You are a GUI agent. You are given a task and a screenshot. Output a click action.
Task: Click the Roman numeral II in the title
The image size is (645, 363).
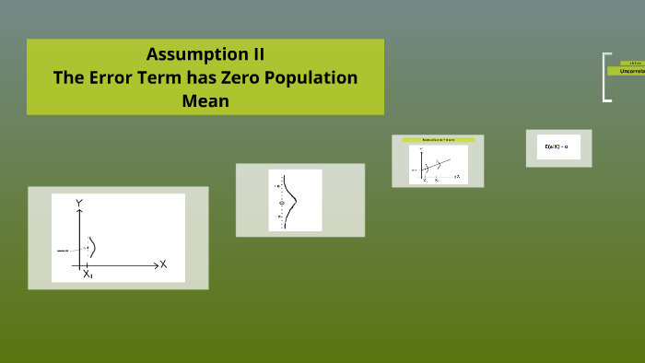253,53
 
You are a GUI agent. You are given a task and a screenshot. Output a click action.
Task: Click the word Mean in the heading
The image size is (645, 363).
205,101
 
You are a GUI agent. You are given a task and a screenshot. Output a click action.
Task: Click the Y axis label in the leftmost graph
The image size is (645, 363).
80,202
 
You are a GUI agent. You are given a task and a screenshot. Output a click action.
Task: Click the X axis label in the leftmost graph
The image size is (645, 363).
163,264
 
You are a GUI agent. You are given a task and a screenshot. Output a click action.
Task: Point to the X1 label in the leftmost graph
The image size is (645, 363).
88,275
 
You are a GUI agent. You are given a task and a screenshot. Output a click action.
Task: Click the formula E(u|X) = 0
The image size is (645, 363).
557,147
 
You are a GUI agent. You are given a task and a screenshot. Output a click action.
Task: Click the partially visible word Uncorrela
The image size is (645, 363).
631,70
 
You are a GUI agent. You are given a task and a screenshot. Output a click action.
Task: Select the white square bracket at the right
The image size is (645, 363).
606,77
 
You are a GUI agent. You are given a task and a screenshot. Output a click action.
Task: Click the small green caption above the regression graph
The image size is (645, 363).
431,139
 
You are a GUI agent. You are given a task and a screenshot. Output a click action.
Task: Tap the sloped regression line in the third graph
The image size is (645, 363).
440,166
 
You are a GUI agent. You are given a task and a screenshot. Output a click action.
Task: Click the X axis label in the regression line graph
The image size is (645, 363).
457,176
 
